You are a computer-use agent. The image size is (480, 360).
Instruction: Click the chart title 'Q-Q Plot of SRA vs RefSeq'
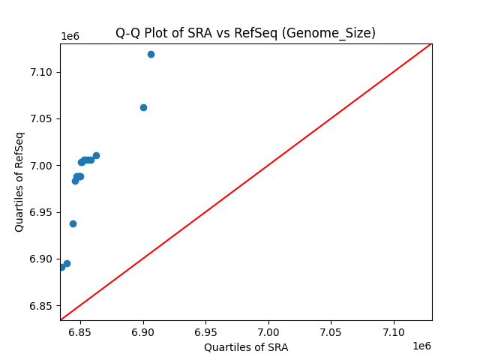(x=245, y=33)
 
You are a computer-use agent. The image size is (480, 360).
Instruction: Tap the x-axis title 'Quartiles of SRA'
(x=246, y=347)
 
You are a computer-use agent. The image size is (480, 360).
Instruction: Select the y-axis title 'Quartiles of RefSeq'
(x=19, y=181)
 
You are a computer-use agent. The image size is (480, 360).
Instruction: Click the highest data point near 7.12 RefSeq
(x=151, y=54)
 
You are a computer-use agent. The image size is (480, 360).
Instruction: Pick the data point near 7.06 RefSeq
(x=143, y=107)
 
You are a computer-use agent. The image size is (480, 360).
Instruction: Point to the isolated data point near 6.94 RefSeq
(x=73, y=223)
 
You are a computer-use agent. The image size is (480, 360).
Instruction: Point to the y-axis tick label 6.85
(x=43, y=306)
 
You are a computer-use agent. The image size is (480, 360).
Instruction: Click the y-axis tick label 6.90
(x=43, y=259)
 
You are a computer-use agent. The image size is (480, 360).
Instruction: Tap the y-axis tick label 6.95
(x=43, y=212)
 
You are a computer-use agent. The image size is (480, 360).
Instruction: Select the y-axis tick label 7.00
(x=43, y=166)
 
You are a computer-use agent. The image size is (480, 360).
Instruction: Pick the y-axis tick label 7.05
(x=43, y=118)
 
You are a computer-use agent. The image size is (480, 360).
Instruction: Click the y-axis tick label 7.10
(x=43, y=72)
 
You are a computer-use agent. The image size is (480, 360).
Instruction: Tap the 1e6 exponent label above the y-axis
(x=70, y=36)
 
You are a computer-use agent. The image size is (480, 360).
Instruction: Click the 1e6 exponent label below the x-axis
(x=421, y=346)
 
